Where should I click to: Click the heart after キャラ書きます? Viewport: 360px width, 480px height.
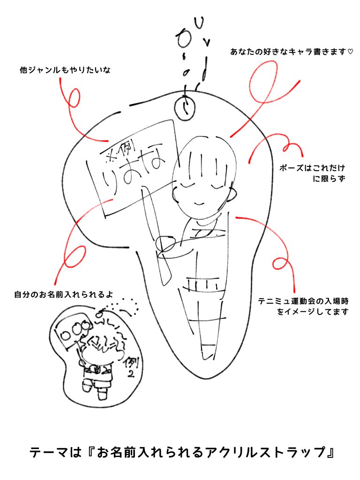click(350, 52)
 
